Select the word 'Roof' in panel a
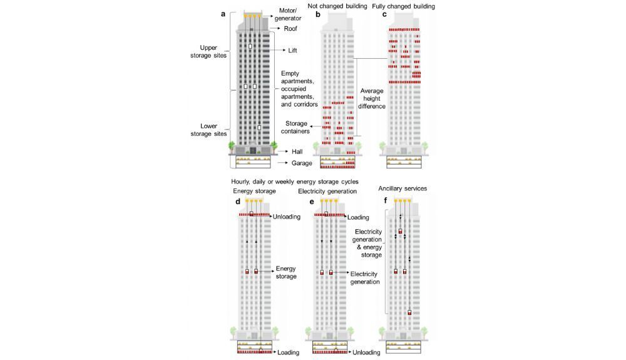290,29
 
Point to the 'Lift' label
292,50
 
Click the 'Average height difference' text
372,98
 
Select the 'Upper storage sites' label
213,51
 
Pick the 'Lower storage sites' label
213,130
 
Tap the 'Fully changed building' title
403,6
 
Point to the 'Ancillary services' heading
401,188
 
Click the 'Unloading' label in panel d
286,217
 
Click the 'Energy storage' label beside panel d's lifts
285,272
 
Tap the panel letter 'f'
385,201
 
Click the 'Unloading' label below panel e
366,352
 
